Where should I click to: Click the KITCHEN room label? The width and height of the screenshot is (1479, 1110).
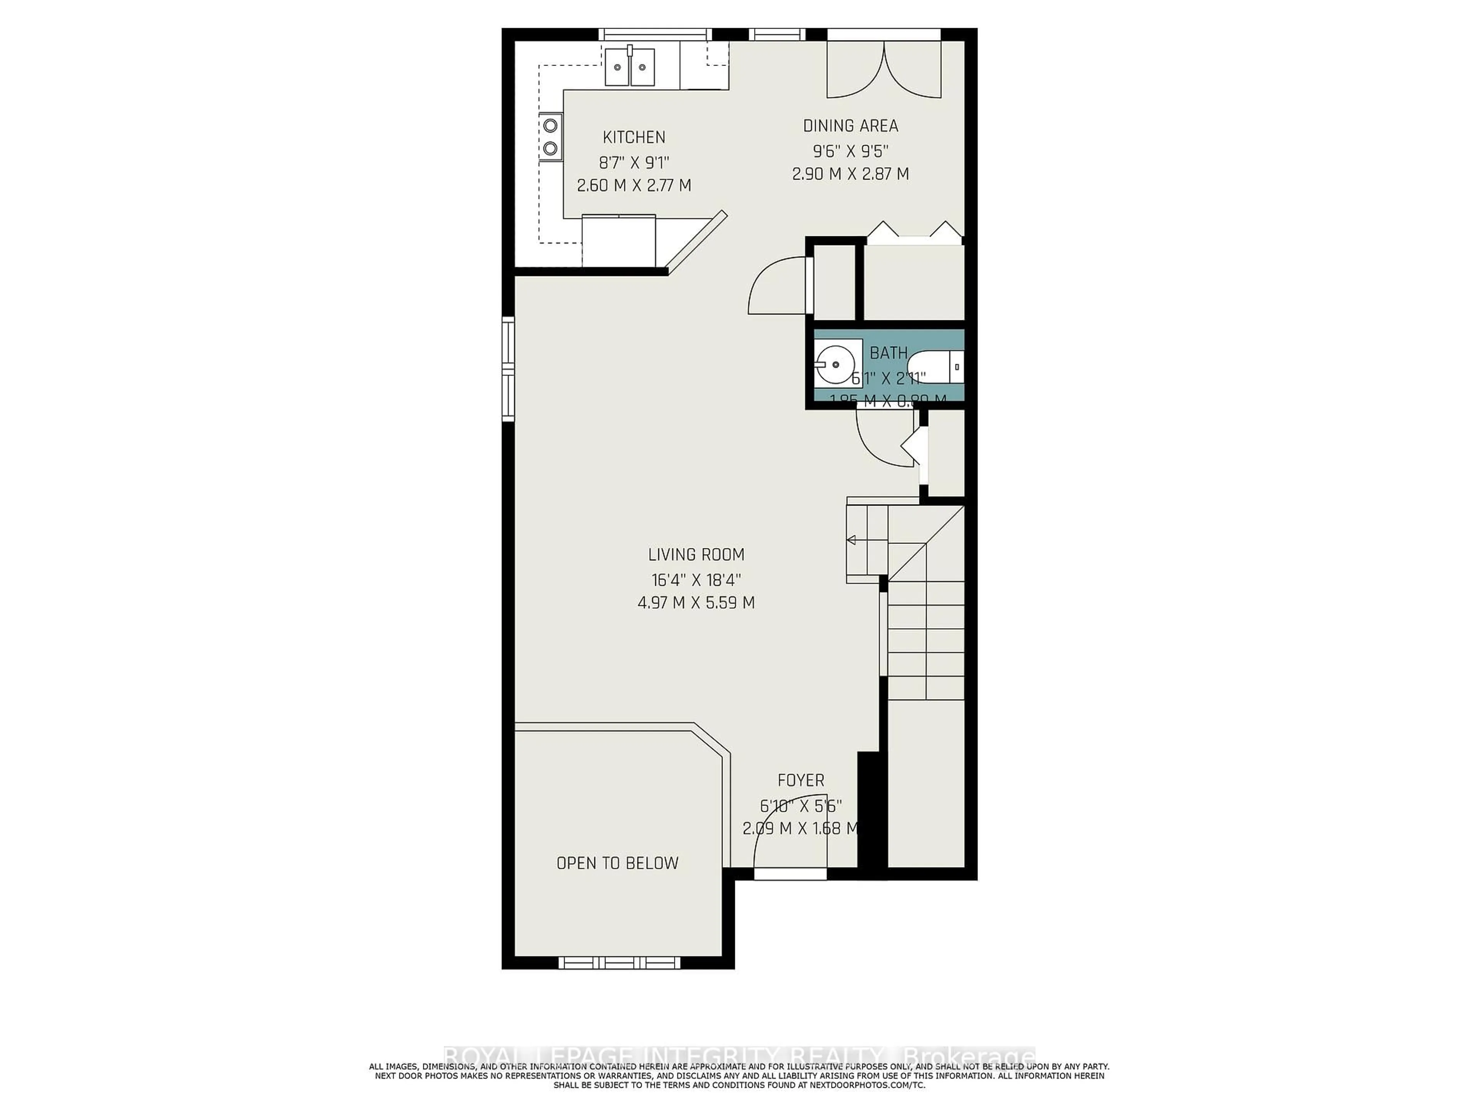tap(634, 137)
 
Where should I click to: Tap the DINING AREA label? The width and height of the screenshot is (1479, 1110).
tap(850, 126)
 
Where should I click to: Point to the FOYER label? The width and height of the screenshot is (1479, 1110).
tap(800, 780)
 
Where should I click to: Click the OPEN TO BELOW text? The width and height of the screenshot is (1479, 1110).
tap(617, 863)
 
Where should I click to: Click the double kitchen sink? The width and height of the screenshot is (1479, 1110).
tap(162, 67)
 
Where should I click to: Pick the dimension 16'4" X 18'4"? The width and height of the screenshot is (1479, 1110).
tap(696, 579)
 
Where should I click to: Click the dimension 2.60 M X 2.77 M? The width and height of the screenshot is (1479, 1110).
tap(634, 185)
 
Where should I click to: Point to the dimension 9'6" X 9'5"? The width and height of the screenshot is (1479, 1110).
tap(850, 151)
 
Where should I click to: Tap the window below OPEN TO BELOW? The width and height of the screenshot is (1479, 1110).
tap(619, 963)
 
